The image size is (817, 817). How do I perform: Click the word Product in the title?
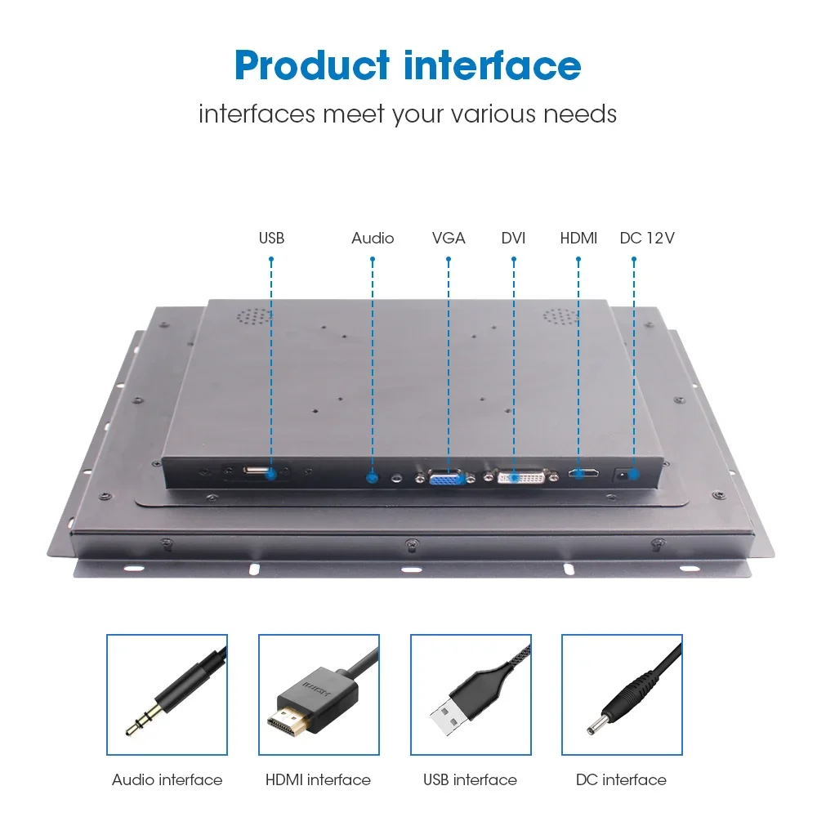pyautogui.click(x=311, y=65)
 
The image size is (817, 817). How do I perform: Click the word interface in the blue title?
pyautogui.click(x=493, y=65)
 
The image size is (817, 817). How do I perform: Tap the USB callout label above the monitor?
pyautogui.click(x=271, y=238)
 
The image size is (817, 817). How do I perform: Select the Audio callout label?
pyautogui.click(x=373, y=238)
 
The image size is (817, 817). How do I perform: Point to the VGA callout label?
pyautogui.click(x=449, y=238)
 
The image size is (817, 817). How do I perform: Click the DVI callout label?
pyautogui.click(x=513, y=238)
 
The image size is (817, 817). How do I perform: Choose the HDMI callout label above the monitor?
pyautogui.click(x=578, y=238)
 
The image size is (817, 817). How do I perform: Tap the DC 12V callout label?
pyautogui.click(x=647, y=238)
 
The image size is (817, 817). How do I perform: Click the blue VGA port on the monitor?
pyautogui.click(x=446, y=477)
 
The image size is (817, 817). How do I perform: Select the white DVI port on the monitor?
pyautogui.click(x=521, y=476)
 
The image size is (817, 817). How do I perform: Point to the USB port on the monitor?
pyautogui.click(x=257, y=471)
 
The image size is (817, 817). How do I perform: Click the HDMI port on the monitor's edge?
pyautogui.click(x=583, y=474)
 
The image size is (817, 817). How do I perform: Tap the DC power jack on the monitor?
pyautogui.click(x=622, y=475)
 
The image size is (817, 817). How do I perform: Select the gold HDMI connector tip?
pyautogui.click(x=288, y=719)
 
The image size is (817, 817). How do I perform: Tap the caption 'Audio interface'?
pyautogui.click(x=167, y=780)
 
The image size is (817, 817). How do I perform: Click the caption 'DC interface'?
pyautogui.click(x=621, y=780)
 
